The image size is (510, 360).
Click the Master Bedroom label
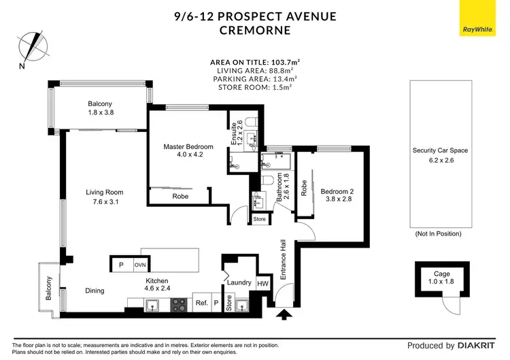click(x=188, y=146)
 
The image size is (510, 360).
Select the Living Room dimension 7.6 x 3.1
click(x=105, y=202)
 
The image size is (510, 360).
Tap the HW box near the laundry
click(x=262, y=283)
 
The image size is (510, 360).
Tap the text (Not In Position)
click(x=439, y=233)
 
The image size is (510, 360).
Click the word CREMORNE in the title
click(x=254, y=30)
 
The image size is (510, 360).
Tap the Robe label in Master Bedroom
click(x=180, y=197)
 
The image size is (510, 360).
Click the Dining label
click(x=95, y=291)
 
